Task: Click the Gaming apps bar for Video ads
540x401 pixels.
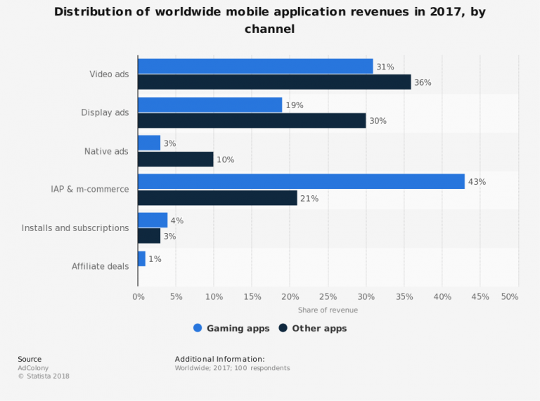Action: pyautogui.click(x=255, y=66)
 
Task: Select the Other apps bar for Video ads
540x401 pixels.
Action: pyautogui.click(x=274, y=82)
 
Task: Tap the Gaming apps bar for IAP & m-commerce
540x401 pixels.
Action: pyautogui.click(x=301, y=181)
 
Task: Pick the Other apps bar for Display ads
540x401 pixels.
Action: pyautogui.click(x=252, y=121)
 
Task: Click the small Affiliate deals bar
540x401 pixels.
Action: pyautogui.click(x=141, y=258)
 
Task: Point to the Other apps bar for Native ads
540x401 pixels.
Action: pyautogui.click(x=176, y=159)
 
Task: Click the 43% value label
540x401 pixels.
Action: pyautogui.click(x=477, y=182)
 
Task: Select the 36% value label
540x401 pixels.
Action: pyautogui.click(x=423, y=83)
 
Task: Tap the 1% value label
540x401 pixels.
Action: pyautogui.click(x=155, y=259)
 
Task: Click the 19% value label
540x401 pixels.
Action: pyautogui.click(x=294, y=105)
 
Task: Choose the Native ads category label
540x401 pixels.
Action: pyautogui.click(x=106, y=152)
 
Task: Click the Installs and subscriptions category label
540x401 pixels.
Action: pyautogui.click(x=75, y=228)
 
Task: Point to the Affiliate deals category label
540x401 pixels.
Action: pyautogui.click(x=100, y=266)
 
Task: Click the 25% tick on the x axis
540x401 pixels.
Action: pyautogui.click(x=328, y=297)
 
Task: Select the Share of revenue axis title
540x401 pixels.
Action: pyautogui.click(x=328, y=310)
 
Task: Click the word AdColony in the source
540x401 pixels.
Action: pyautogui.click(x=32, y=368)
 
